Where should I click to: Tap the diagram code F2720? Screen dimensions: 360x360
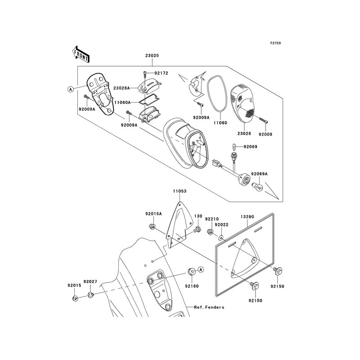coord(275,43)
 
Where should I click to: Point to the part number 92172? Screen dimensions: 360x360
coord(161,72)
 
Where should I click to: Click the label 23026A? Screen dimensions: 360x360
coord(121,88)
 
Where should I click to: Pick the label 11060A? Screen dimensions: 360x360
coord(121,103)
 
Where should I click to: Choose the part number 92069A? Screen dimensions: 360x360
coord(259,174)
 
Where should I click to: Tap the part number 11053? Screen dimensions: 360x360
coord(179,191)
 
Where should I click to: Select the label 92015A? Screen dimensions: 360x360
coord(153,214)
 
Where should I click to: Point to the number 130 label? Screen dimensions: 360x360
coord(198,216)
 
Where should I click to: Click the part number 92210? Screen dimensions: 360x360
coord(211,219)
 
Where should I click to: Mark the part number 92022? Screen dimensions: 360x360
coord(221,225)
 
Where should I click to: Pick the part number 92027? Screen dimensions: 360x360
coord(92,282)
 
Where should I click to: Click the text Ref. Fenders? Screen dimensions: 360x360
coord(209,307)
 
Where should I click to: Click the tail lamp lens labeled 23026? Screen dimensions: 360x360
coord(243,103)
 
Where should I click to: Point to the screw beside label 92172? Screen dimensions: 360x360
coord(144,72)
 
